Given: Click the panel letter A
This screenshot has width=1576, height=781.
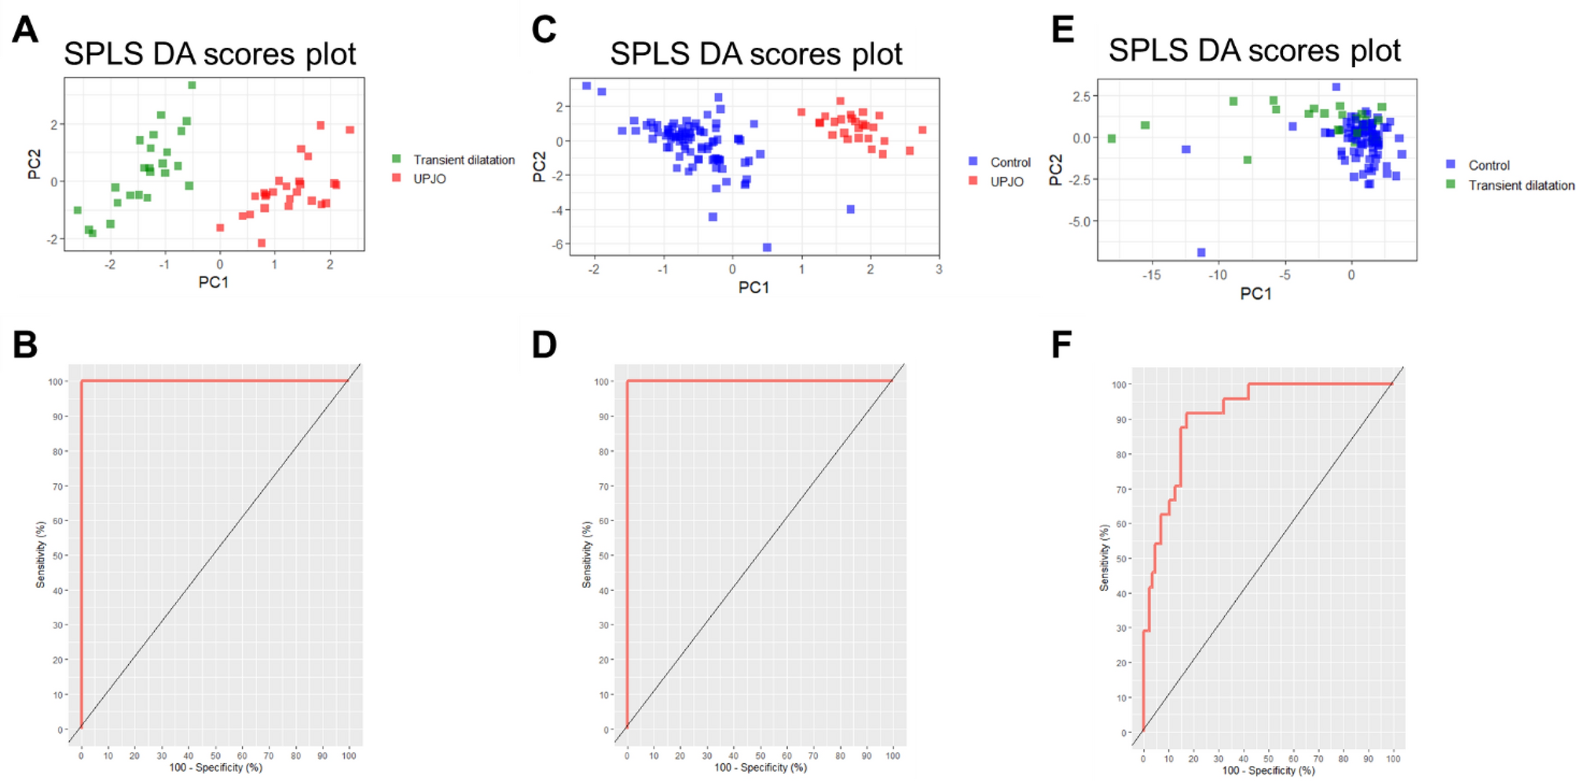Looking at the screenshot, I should point(25,30).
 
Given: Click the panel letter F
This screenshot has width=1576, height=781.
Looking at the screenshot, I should point(1061,344).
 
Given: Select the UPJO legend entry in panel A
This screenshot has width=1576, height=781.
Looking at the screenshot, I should point(429,179).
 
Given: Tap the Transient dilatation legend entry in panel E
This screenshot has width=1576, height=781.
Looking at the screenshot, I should point(1520,185).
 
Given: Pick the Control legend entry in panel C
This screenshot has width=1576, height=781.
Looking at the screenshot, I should point(1010,163).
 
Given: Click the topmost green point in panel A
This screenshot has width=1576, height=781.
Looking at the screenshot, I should point(192,85).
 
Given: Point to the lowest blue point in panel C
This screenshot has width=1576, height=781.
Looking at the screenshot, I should point(767,247).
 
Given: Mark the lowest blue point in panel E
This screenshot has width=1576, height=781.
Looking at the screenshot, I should point(1201,252).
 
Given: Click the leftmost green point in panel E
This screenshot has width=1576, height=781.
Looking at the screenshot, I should point(1112,139).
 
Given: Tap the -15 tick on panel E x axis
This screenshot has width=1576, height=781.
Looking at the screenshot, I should point(1151,275).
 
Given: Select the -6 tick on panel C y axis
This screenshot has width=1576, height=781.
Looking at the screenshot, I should point(557,244).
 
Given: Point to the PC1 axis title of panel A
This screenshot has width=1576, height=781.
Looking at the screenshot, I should point(213,282).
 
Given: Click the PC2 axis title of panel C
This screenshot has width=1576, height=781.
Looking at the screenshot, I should point(539,167).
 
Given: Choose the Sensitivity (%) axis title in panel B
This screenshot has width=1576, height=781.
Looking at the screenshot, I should point(40,555).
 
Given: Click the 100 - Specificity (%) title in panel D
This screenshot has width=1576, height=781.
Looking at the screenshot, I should point(760,768).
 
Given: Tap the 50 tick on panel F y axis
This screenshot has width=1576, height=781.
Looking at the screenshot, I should point(1121,559).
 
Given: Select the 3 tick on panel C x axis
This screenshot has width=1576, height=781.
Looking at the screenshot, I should point(939,269).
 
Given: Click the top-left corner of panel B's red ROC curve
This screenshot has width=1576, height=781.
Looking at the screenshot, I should point(81,381).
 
